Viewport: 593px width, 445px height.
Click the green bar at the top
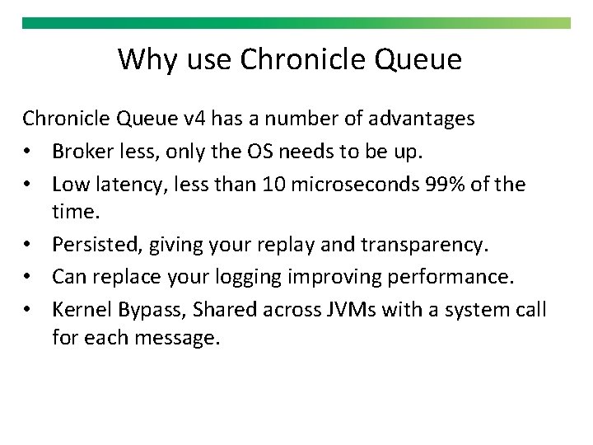(x=296, y=23)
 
